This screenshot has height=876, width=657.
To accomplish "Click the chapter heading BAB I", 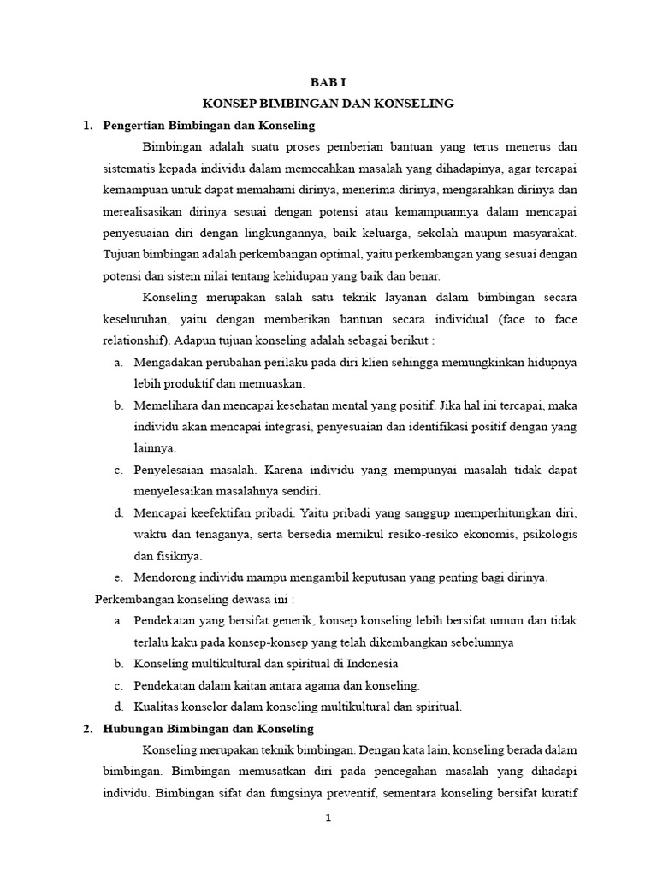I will pos(328,82).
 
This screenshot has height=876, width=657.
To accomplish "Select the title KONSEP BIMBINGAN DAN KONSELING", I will pos(328,104).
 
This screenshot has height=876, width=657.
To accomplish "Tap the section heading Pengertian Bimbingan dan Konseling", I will pos(209,126).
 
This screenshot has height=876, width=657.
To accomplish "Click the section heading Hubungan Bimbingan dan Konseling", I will pos(208,729).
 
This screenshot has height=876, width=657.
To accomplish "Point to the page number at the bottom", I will pos(328,818).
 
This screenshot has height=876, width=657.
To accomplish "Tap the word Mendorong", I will pos(164,577).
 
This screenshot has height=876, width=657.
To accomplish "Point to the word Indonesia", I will pos(370,664).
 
